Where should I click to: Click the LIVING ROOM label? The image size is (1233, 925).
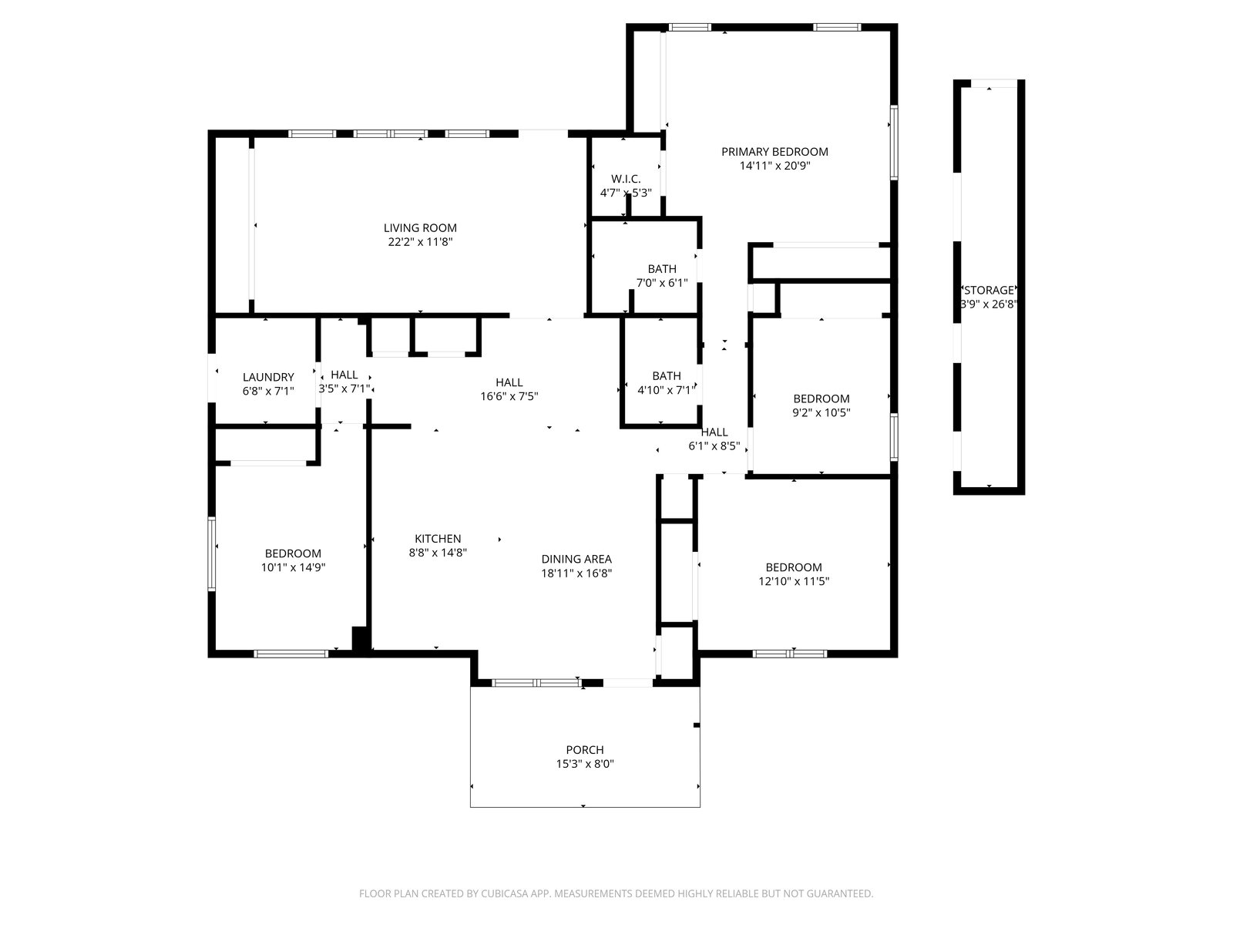click(x=420, y=228)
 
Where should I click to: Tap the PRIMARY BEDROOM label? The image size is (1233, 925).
click(x=774, y=152)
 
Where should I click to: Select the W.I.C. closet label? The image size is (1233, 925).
click(x=626, y=179)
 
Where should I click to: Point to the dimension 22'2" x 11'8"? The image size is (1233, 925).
click(x=420, y=242)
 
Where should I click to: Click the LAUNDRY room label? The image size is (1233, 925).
click(x=268, y=377)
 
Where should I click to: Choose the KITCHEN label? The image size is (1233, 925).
click(x=438, y=539)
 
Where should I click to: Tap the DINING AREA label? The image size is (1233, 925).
click(x=576, y=559)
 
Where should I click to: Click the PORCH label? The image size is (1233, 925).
click(x=585, y=750)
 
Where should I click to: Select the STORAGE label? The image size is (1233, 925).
click(x=989, y=291)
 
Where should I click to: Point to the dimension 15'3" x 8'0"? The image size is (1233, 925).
click(x=585, y=764)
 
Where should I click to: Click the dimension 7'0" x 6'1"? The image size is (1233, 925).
click(x=662, y=283)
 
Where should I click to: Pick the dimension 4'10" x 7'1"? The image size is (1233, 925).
click(x=667, y=390)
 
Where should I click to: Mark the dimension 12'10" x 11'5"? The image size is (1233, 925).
click(x=794, y=581)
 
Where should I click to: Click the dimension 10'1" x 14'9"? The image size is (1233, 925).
click(x=293, y=567)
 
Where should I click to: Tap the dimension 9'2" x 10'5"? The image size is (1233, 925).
click(x=821, y=413)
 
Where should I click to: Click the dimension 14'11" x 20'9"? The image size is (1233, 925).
click(x=774, y=166)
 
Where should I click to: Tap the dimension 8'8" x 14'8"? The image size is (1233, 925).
click(x=438, y=553)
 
